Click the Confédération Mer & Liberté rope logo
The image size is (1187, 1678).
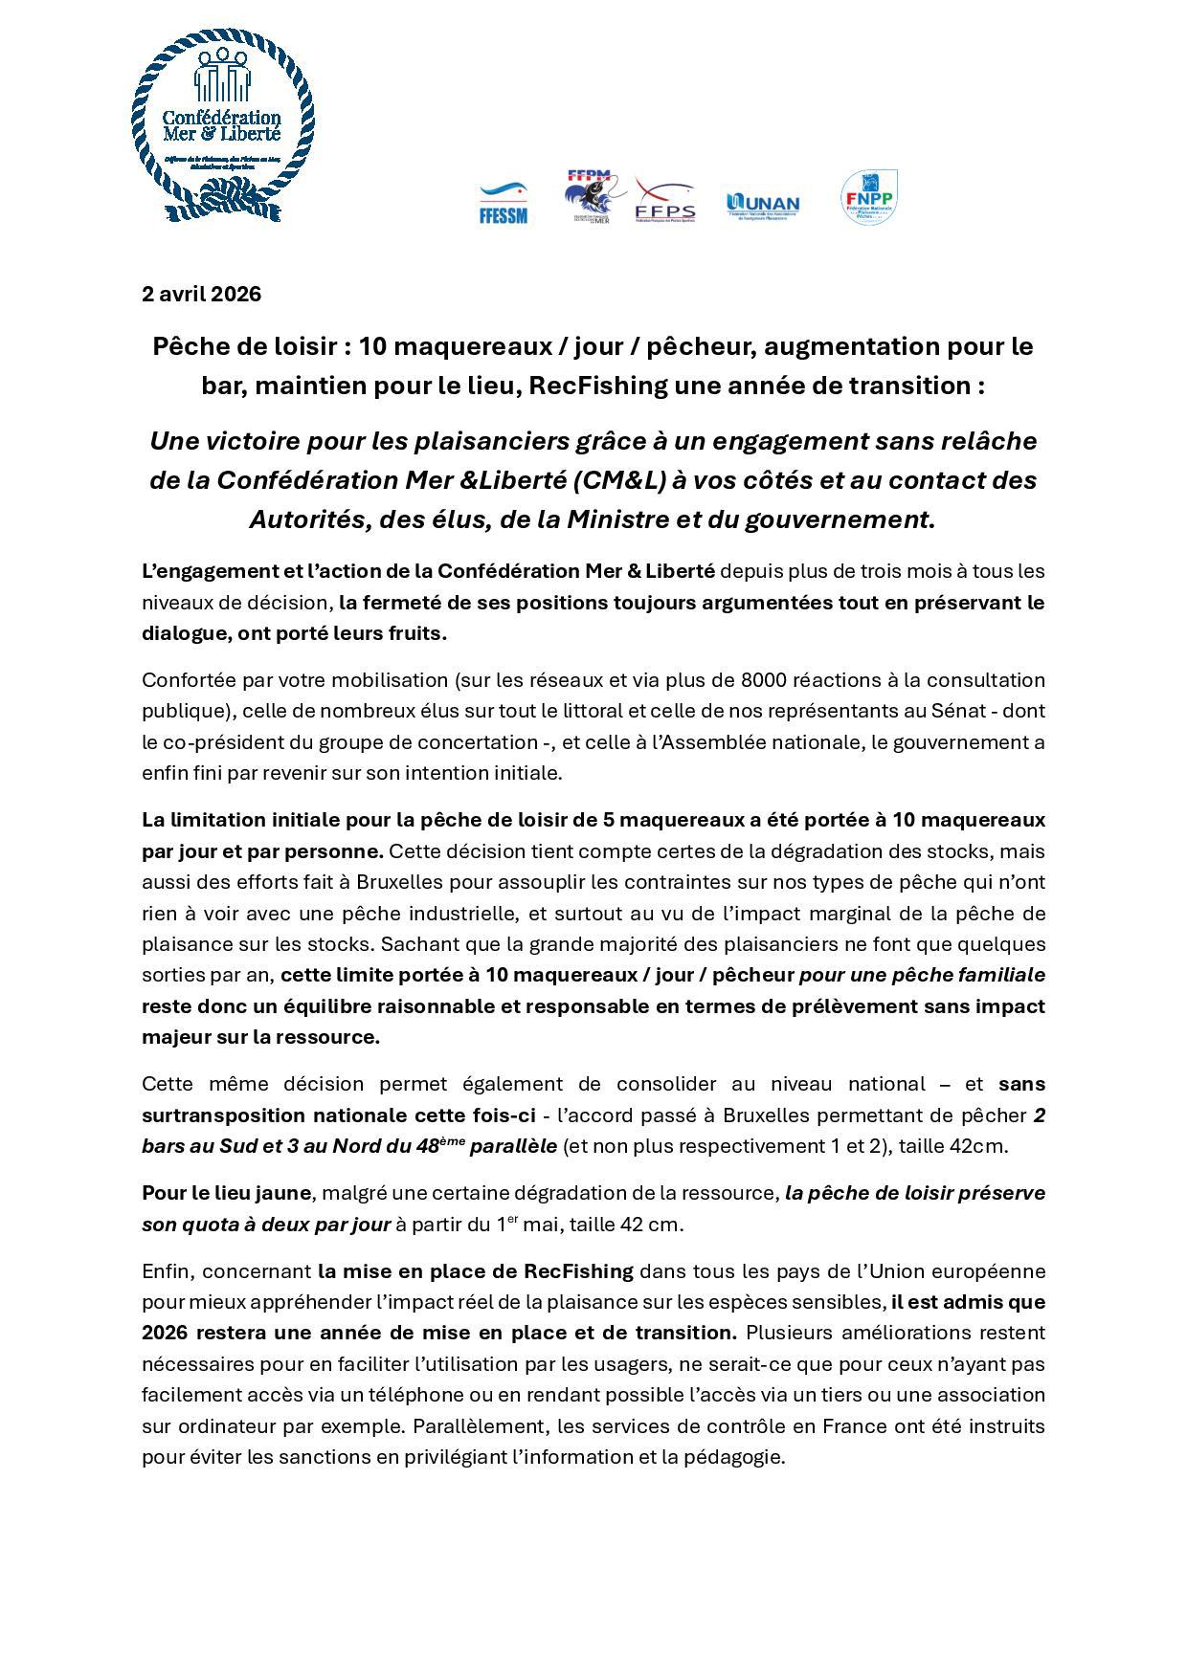[x=222, y=127]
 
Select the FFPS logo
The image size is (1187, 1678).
[x=665, y=202]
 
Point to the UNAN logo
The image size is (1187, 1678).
[x=763, y=205]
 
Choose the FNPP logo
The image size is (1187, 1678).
[x=868, y=197]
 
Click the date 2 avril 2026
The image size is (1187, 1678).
[x=201, y=294]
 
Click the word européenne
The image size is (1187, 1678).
[x=992, y=1271]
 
